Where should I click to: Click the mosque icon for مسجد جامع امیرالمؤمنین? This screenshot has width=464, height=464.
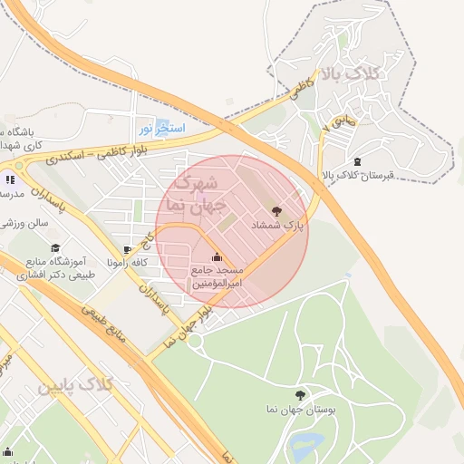(x=216, y=256)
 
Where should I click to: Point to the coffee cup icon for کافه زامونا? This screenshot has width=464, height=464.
(x=128, y=249)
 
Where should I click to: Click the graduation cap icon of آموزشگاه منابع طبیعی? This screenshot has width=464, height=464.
(x=55, y=248)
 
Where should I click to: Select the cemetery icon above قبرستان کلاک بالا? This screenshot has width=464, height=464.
(x=357, y=161)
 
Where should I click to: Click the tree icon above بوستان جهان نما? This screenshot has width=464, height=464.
(x=300, y=395)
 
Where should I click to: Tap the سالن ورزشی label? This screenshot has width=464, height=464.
(x=24, y=223)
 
